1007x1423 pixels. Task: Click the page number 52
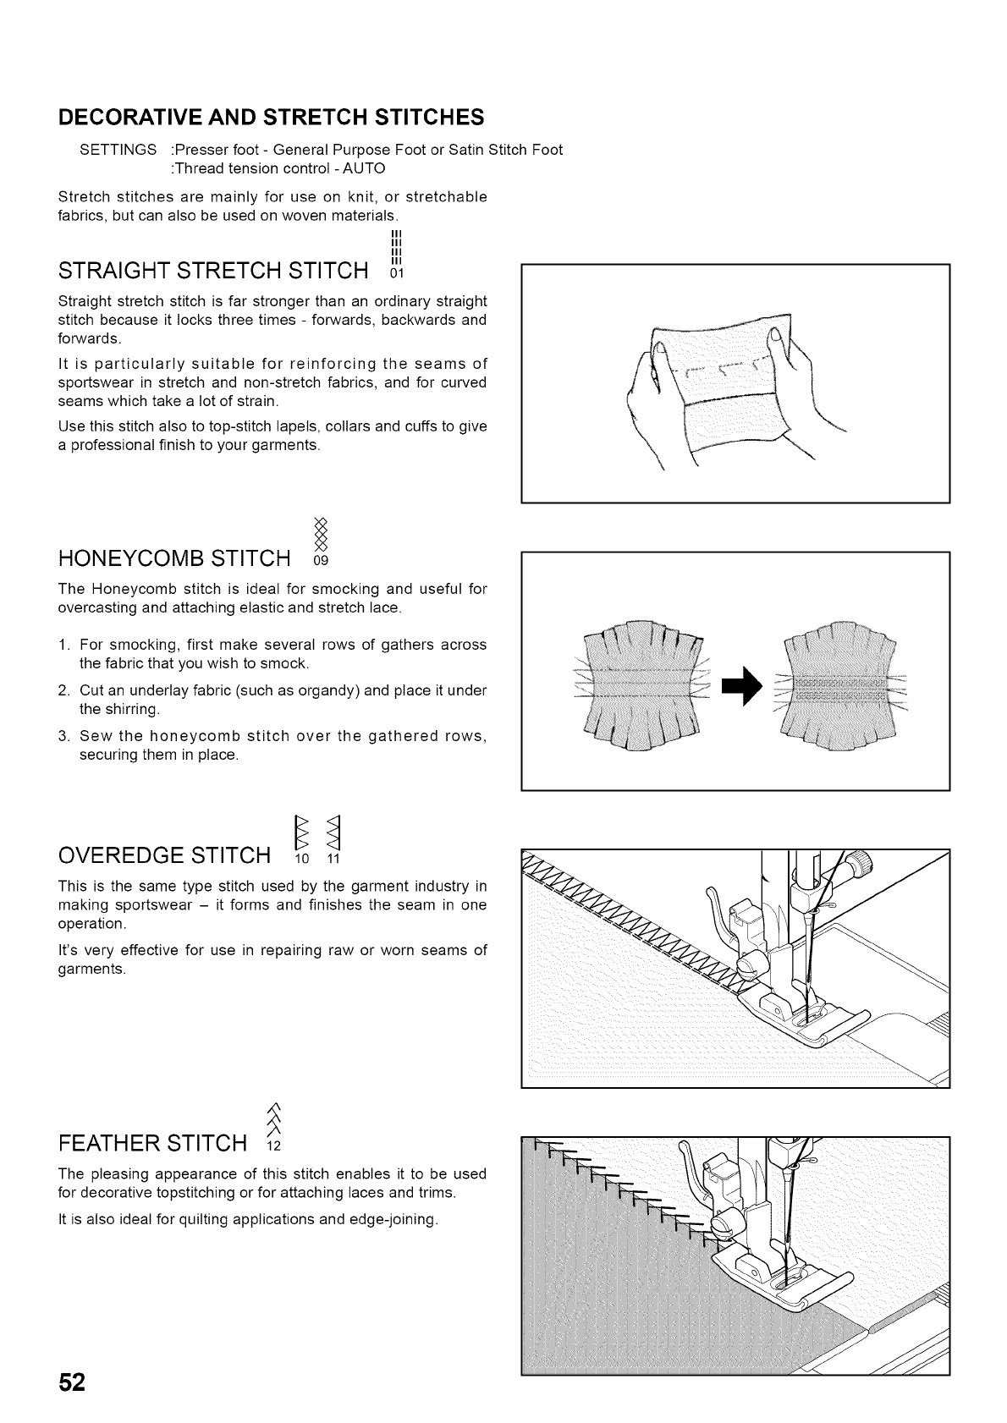tap(73, 1382)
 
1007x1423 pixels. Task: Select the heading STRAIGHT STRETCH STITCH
tap(213, 271)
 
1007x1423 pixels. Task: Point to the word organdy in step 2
tap(312, 690)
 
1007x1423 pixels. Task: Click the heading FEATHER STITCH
tap(152, 1144)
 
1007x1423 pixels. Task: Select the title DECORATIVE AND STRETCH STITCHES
tap(272, 116)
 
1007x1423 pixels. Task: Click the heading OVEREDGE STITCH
tap(164, 855)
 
